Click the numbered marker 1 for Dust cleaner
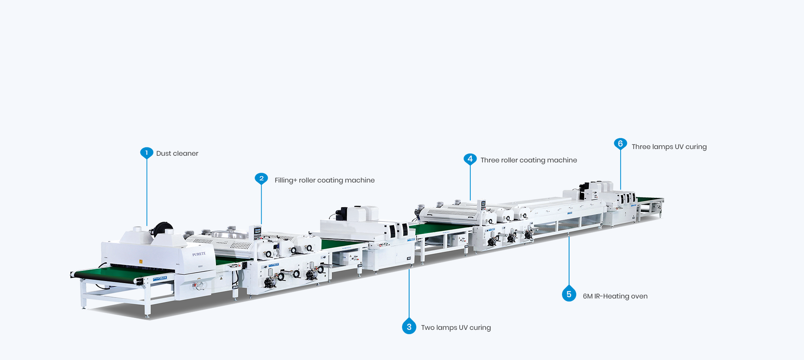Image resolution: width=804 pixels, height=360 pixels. point(147,153)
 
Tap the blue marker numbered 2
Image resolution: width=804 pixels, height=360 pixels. point(261,178)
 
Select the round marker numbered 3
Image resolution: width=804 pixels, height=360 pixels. point(409,327)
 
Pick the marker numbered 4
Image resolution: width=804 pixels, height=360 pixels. point(470,159)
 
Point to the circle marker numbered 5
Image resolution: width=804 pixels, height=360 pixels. point(569,294)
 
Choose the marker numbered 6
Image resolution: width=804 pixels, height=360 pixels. point(620,144)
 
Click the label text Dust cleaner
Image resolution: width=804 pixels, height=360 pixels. point(177,154)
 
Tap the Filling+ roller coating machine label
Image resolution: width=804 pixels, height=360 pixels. point(325,180)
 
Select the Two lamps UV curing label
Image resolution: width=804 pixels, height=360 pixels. point(456,328)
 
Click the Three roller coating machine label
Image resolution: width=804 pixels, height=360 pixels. point(528,160)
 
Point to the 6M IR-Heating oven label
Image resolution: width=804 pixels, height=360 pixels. point(615,296)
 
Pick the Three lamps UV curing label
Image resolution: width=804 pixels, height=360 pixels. point(669,147)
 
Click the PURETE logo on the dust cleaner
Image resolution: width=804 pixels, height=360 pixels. point(199,254)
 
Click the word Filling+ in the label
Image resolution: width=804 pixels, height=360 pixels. point(286,180)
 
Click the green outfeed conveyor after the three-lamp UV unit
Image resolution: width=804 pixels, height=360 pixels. point(650,200)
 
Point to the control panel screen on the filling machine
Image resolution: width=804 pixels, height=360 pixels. point(257,230)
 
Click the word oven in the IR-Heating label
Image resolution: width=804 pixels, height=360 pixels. point(639,296)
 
